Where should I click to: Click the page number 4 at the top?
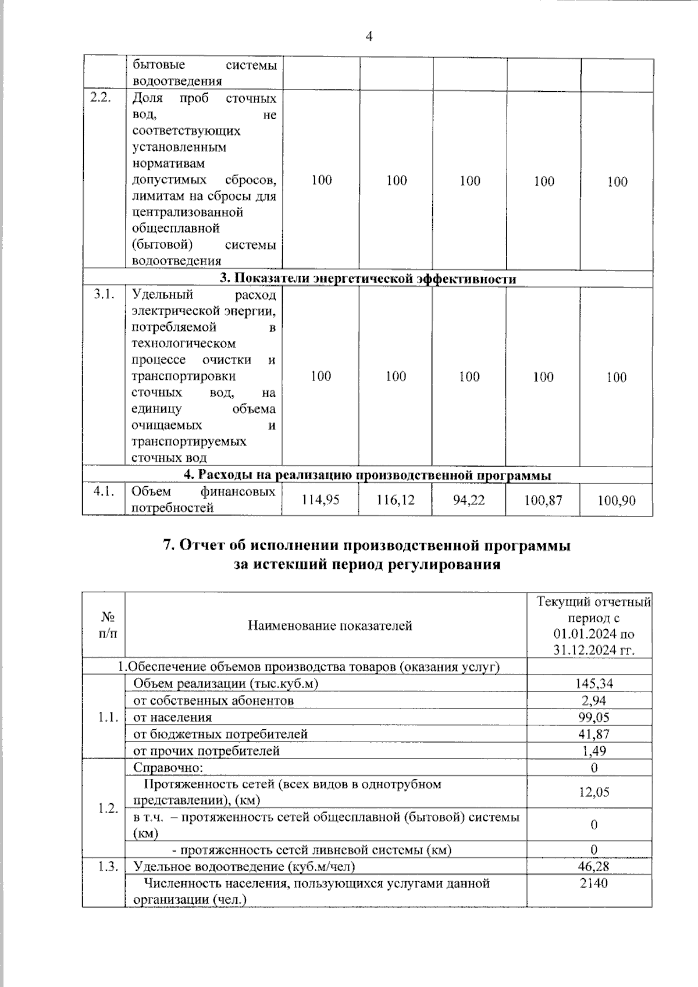[x=369, y=37]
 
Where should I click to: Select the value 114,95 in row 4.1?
[x=320, y=500]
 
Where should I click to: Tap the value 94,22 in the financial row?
[x=469, y=500]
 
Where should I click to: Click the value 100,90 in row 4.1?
[x=617, y=500]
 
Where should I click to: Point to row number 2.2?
[x=102, y=98]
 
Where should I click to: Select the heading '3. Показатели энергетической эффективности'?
[x=368, y=279]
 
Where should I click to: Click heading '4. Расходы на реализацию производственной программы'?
[x=368, y=475]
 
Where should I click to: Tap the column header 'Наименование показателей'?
[x=330, y=626]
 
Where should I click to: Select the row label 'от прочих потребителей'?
[x=206, y=751]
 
